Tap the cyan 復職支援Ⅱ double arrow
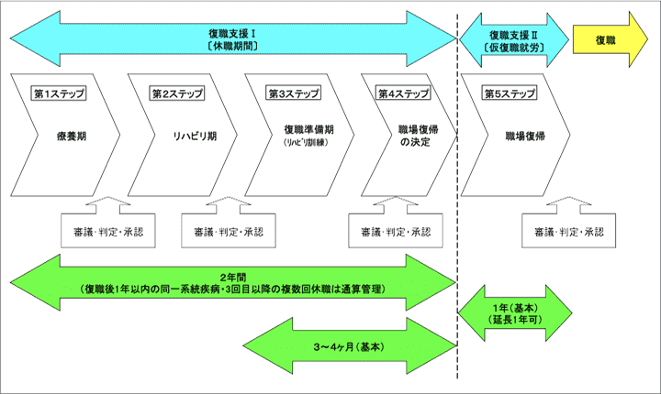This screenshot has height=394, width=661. pos(512,39)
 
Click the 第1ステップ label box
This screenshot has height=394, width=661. pos(57,93)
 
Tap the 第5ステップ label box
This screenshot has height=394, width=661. pos(510,93)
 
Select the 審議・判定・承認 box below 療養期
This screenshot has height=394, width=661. pos(102,231)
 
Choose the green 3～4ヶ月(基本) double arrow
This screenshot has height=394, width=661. pos(350,348)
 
